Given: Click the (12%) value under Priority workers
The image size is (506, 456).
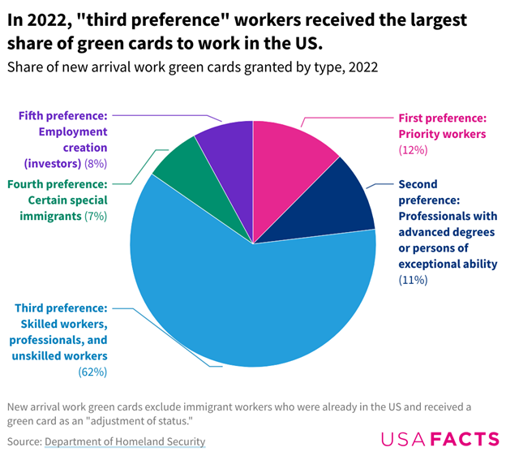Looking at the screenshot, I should [413, 150].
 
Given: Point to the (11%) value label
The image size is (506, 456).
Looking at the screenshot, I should [413, 280].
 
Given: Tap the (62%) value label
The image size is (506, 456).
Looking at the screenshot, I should [92, 372].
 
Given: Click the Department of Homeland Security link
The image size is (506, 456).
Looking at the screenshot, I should [125, 441].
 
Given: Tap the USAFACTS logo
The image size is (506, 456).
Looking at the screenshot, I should [440, 439].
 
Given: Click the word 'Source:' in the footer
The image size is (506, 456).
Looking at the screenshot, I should [24, 441].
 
